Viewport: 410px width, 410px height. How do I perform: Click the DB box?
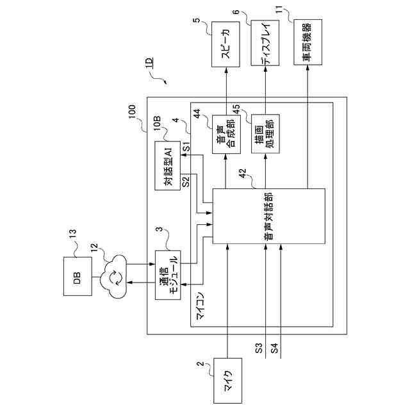[78, 276]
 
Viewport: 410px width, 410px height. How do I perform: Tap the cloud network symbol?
[113, 277]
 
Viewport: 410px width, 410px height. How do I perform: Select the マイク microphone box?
[228, 381]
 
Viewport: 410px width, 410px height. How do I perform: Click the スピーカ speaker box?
[225, 44]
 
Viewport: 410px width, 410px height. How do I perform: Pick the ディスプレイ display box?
[265, 43]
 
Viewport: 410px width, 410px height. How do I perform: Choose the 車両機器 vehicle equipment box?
[307, 42]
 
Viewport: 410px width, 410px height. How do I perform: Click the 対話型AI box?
[168, 165]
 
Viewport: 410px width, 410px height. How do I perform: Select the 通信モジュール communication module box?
[168, 275]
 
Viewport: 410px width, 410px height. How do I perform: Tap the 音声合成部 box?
[226, 134]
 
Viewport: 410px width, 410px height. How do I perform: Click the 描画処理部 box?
[265, 134]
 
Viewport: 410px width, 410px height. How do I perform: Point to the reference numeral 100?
[132, 111]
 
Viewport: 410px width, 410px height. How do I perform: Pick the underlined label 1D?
[149, 63]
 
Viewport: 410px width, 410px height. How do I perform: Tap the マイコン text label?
[201, 306]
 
